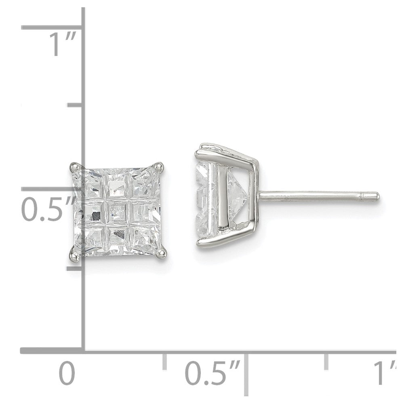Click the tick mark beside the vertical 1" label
pyautogui.click(x=53, y=27)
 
